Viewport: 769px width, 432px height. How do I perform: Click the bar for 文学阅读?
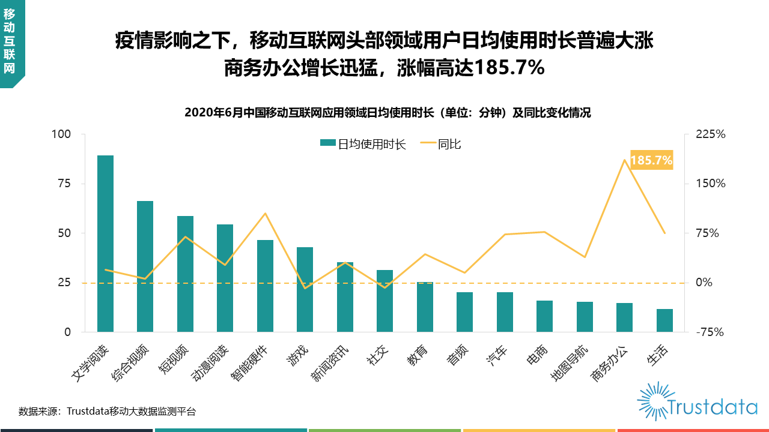105,243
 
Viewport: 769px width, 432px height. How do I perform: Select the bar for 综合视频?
145,266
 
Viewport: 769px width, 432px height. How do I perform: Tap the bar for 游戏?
305,289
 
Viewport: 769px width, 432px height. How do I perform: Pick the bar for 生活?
664,320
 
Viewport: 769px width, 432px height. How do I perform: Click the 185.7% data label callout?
651,160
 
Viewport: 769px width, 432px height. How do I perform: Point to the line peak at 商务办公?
624,160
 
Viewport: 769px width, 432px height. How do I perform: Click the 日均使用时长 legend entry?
363,144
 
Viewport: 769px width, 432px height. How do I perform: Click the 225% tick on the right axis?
711,134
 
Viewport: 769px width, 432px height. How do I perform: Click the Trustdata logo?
697,401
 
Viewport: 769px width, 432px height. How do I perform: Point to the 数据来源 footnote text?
107,412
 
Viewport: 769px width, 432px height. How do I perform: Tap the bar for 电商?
544,316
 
